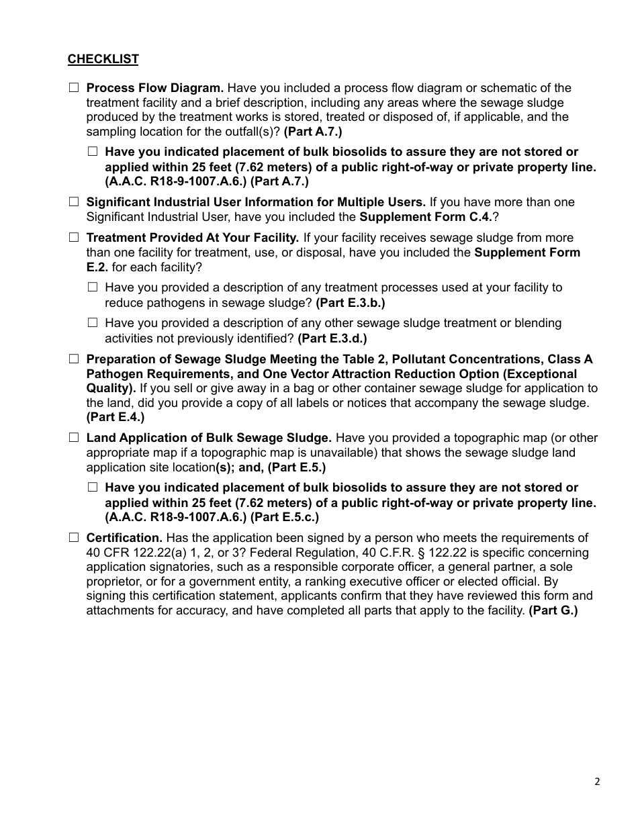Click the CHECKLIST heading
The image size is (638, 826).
click(103, 59)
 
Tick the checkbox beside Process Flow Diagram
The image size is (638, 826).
click(73, 88)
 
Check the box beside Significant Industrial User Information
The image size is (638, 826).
click(73, 201)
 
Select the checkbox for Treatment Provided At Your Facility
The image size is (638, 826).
click(73, 237)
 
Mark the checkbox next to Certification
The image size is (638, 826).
click(73, 537)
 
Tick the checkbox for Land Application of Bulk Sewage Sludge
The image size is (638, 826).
click(73, 437)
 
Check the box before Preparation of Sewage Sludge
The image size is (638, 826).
click(73, 359)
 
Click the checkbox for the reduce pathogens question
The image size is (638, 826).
click(92, 287)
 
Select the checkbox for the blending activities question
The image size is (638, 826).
click(92, 322)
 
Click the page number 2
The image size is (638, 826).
click(597, 781)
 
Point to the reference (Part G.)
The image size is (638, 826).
click(553, 611)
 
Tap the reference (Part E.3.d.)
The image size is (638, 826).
click(332, 338)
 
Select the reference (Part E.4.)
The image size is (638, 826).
click(115, 418)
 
